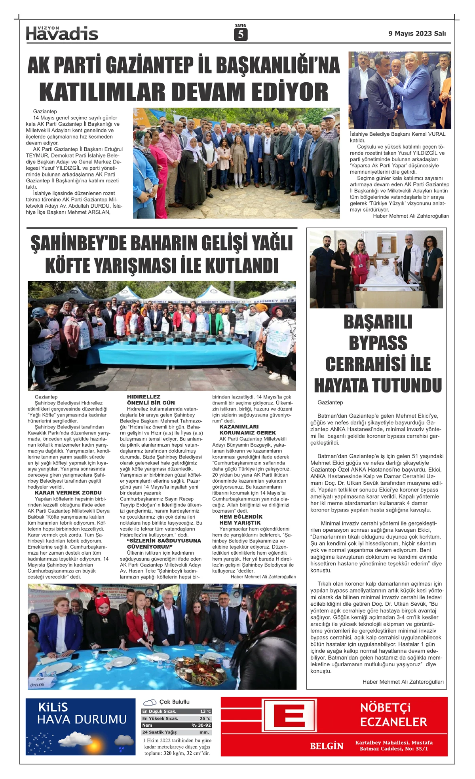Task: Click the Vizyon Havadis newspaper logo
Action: point(62,33)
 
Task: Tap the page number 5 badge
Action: point(240,35)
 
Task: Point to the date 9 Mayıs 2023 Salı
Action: point(417,34)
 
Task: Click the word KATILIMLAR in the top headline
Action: point(102,92)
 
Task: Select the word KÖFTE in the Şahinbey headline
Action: point(69,265)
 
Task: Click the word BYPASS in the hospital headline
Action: point(378,343)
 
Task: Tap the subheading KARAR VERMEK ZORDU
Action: point(68,493)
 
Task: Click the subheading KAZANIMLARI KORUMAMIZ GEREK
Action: point(247,430)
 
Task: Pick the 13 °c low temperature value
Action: point(205,711)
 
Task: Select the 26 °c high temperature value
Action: point(205,718)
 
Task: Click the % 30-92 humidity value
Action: point(201,725)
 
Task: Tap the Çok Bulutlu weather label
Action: point(174,702)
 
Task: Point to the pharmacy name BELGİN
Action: point(327,746)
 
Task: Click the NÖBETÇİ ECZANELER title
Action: point(393,715)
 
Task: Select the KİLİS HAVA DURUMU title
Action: point(81,713)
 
